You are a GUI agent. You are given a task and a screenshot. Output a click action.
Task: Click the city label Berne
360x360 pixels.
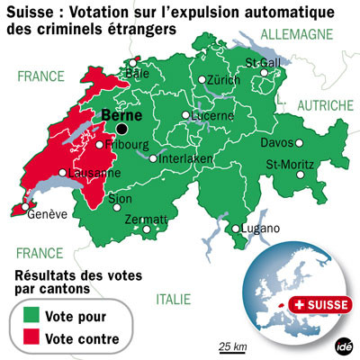point(119,115)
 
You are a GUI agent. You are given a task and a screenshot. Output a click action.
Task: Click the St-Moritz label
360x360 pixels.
point(290,165)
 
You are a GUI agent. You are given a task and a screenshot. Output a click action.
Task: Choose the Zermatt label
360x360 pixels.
point(148,220)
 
